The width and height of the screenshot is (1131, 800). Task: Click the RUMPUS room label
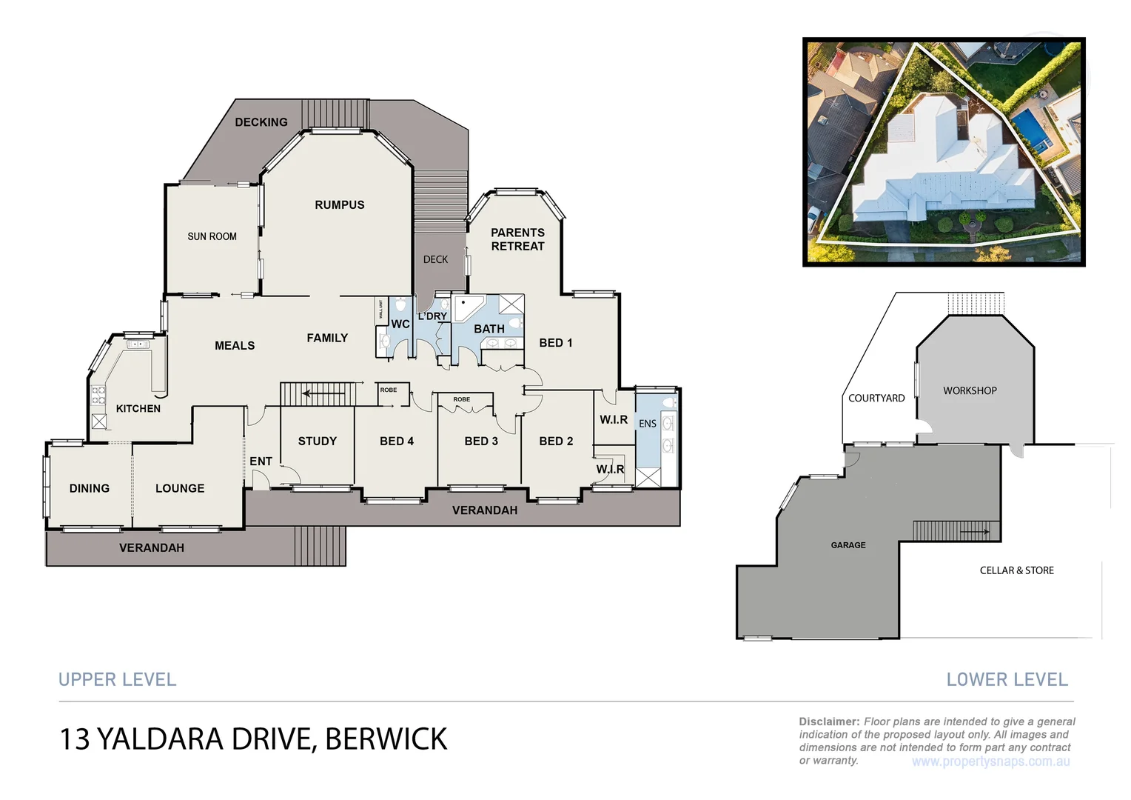(340, 205)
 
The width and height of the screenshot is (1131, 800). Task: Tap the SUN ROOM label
(212, 236)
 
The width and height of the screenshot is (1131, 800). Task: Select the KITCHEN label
(138, 408)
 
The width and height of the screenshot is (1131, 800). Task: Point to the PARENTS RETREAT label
(517, 239)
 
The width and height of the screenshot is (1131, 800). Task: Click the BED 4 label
(397, 441)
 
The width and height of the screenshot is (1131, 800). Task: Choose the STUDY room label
(318, 441)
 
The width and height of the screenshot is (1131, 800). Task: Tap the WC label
(400, 324)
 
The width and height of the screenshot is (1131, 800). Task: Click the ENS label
(648, 424)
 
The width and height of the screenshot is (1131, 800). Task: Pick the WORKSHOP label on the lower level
(970, 390)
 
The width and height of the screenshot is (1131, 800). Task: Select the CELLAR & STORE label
(1016, 570)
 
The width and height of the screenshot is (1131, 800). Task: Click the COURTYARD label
(876, 399)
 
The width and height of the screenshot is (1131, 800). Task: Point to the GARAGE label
(848, 545)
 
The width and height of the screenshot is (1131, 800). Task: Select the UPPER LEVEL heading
(118, 679)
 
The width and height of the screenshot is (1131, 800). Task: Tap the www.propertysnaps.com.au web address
(990, 761)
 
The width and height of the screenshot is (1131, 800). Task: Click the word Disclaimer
(828, 721)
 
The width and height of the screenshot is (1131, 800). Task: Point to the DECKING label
(261, 122)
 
